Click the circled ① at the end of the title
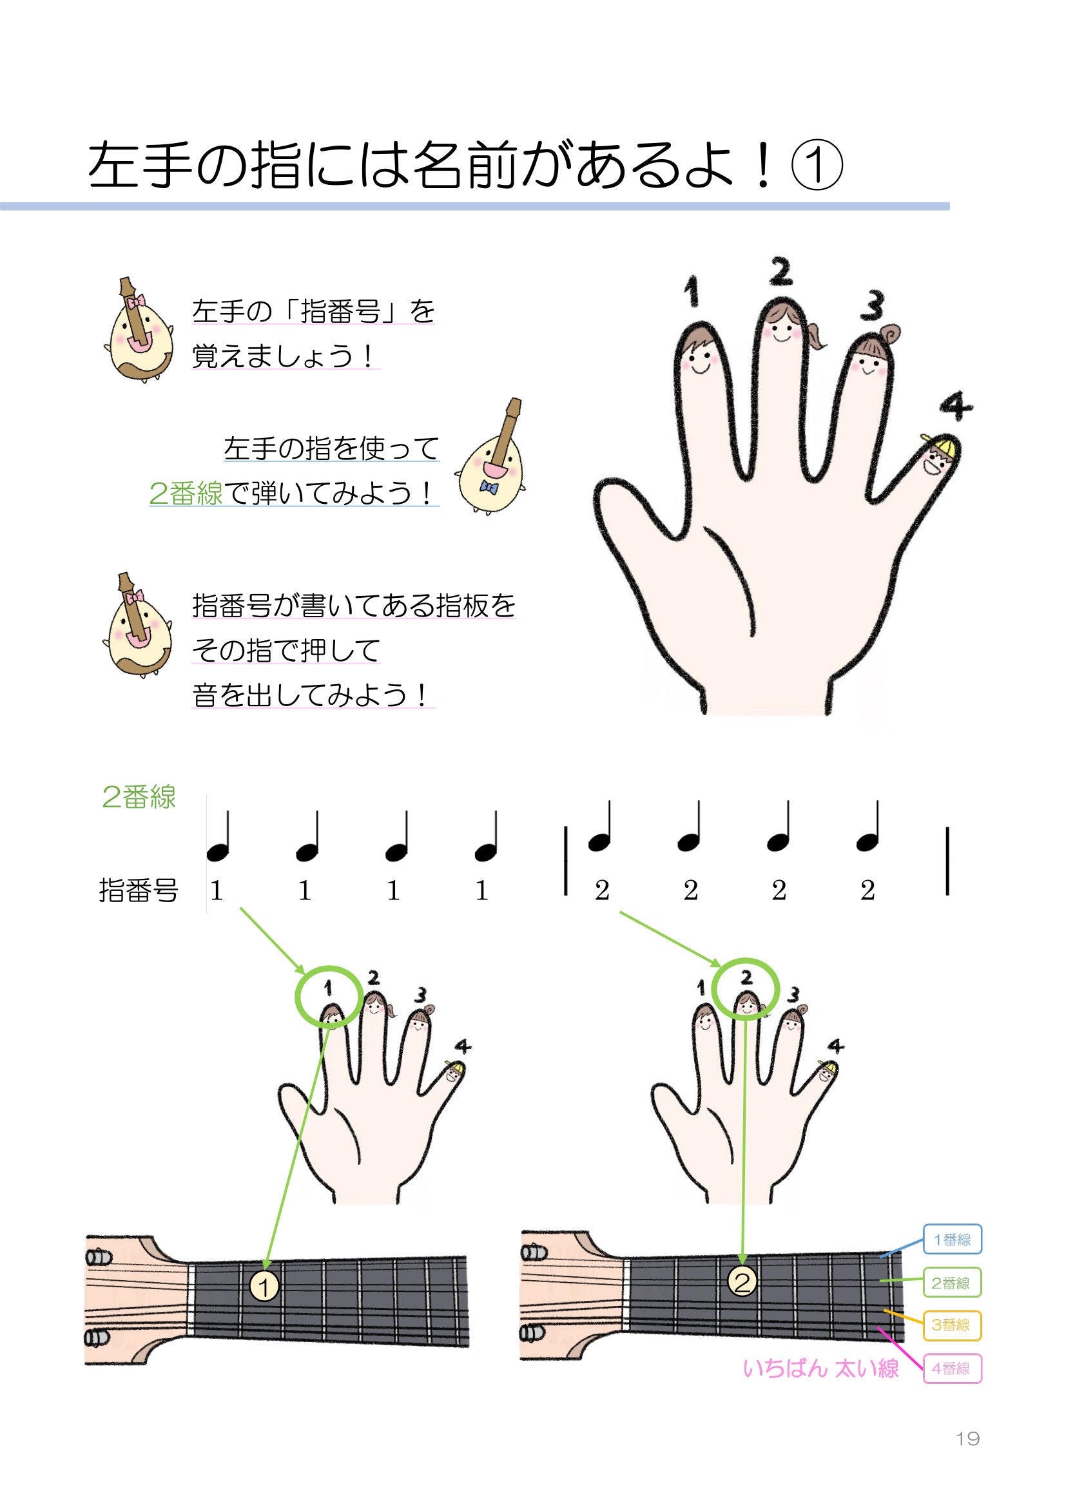coord(816,168)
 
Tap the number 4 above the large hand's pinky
coord(955,407)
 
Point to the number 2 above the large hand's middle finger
coord(780,271)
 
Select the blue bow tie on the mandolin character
coord(489,486)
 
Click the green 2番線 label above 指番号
coord(139,798)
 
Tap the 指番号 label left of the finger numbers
coord(139,890)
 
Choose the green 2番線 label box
coord(952,1283)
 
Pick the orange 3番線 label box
coord(952,1325)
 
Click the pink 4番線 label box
coord(952,1368)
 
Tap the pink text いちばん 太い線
coord(820,1368)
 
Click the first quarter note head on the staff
coord(217,852)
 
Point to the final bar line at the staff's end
coord(947,861)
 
